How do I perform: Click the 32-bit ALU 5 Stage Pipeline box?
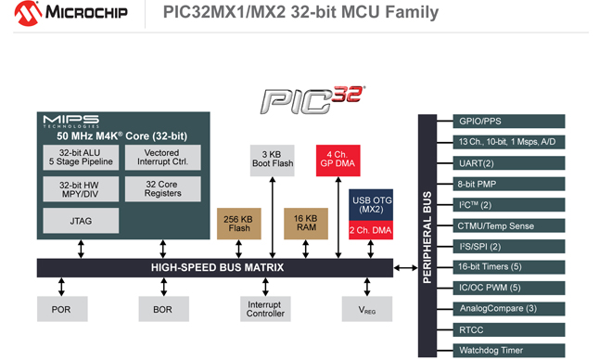81,158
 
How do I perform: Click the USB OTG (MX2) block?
372,206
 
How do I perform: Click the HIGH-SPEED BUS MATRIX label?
217,267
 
